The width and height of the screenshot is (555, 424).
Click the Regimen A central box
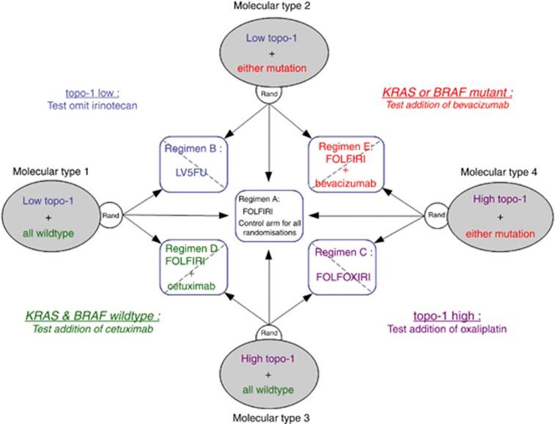(269, 215)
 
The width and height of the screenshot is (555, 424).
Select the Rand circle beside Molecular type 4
(435, 215)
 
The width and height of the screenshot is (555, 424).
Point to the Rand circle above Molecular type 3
(269, 332)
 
